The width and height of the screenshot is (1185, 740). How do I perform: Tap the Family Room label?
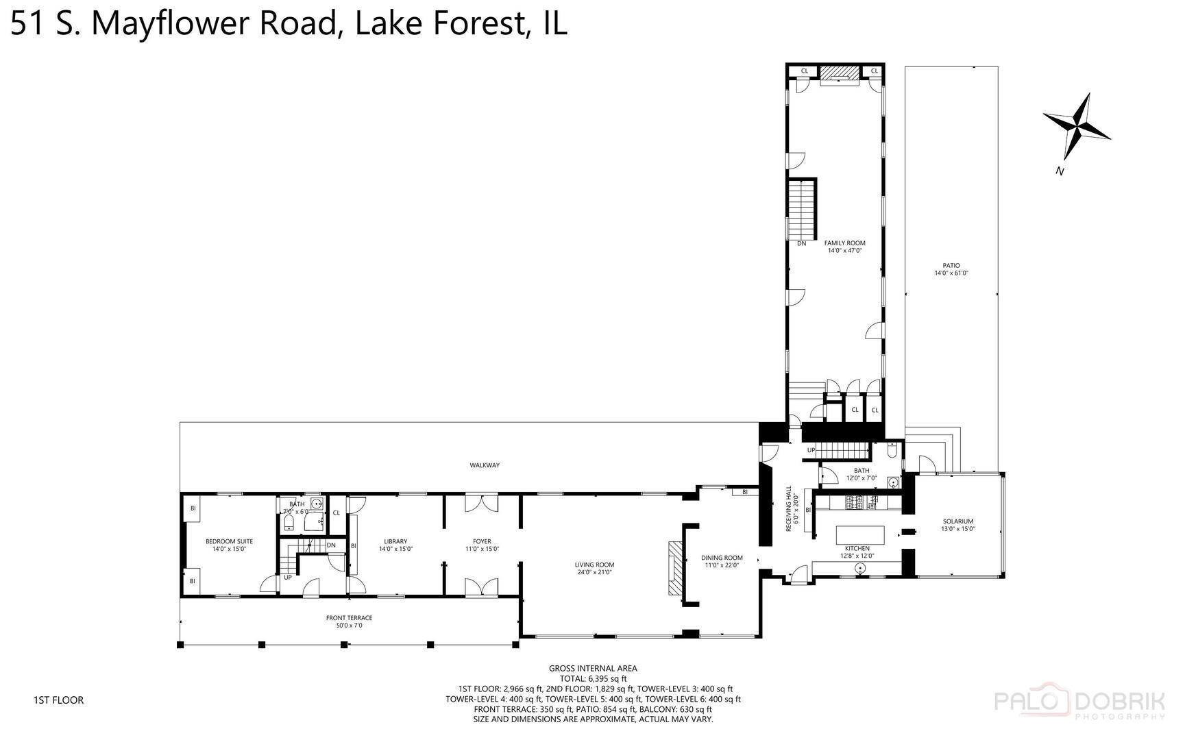844,247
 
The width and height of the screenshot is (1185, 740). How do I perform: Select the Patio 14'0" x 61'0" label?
951,269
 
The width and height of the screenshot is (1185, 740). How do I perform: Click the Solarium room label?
957,525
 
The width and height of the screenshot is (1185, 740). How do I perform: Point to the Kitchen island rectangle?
859,534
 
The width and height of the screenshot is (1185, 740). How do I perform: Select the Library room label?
395,545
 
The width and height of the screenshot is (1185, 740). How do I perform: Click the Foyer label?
482,545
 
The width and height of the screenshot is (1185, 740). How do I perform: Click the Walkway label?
485,465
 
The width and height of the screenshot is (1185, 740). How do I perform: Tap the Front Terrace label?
349,621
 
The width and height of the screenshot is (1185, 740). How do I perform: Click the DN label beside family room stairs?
801,243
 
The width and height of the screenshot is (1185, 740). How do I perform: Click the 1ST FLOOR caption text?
58,700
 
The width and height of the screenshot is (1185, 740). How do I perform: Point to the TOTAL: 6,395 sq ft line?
593,678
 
